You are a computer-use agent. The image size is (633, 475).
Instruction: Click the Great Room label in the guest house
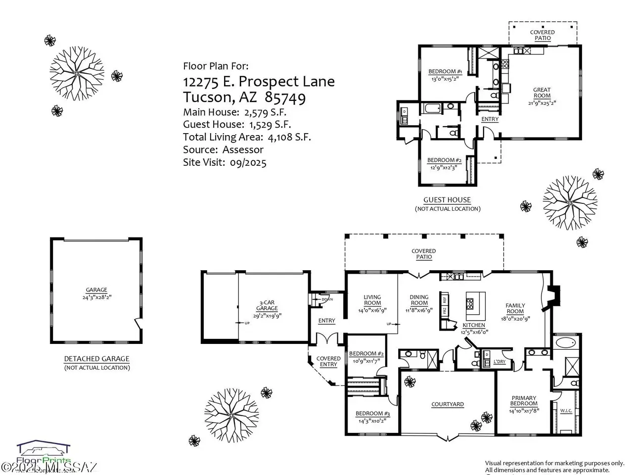[542, 93]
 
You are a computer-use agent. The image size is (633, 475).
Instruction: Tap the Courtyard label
[448, 404]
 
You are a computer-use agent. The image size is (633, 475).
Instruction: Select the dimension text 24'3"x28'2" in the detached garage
[96, 297]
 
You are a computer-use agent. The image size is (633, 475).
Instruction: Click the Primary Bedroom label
[524, 401]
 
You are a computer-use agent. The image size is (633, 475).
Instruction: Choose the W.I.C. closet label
[566, 410]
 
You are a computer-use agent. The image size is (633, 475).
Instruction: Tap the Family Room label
[515, 308]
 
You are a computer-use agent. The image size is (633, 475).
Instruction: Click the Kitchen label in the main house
[474, 325]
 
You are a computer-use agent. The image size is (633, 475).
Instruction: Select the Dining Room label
[419, 300]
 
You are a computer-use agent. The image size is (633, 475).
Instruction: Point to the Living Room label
[372, 300]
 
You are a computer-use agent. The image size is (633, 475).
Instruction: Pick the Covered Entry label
[328, 361]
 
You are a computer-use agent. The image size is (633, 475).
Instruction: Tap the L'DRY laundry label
[499, 362]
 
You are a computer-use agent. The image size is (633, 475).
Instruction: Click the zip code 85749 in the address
[285, 97]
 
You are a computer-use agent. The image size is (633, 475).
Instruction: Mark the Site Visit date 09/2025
[248, 162]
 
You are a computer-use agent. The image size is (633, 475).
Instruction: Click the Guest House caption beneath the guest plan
[447, 200]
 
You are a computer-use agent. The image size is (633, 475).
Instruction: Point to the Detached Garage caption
[97, 359]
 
